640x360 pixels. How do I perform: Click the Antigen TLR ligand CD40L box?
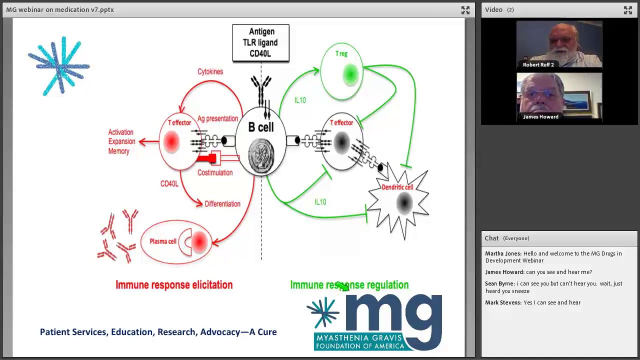[260, 43]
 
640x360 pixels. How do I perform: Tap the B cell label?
[261, 127]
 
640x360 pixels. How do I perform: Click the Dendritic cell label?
[397, 187]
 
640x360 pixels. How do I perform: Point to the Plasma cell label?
[163, 241]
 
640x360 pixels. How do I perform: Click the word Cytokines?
[210, 71]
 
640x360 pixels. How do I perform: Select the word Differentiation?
[222, 204]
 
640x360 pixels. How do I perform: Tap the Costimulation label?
[215, 172]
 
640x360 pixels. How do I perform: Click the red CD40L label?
[169, 183]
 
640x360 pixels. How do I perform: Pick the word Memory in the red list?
[119, 151]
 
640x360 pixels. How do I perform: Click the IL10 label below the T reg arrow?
[300, 100]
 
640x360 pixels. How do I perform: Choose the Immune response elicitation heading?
[174, 285]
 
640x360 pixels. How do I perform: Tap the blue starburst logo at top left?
[59, 66]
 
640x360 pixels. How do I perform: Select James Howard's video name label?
[540, 116]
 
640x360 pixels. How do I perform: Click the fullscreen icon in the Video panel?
[628, 10]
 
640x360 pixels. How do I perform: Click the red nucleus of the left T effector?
[171, 141]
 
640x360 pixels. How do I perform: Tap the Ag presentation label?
[217, 119]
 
